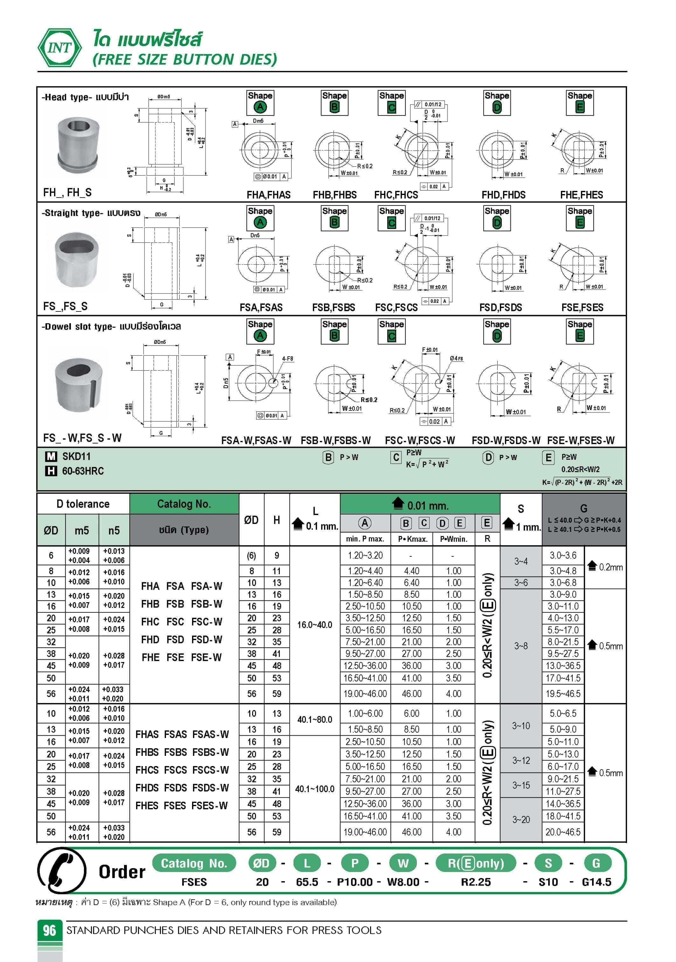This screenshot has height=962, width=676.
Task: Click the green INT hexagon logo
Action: [60, 48]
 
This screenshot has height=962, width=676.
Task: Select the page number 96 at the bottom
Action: [49, 930]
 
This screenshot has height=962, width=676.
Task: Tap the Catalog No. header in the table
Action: [183, 504]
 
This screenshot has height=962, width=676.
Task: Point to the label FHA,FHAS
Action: [268, 195]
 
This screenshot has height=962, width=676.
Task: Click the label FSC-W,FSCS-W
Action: [420, 440]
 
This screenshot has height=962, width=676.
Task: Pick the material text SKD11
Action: [76, 456]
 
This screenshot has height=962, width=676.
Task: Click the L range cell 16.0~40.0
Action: [314, 625]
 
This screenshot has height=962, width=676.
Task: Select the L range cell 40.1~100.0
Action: [314, 789]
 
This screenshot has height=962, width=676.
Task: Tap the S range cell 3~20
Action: [521, 819]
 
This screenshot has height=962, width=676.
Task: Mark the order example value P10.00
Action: [355, 882]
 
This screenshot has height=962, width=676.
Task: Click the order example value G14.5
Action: [597, 882]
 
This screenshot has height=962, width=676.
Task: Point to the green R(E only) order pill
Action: [476, 863]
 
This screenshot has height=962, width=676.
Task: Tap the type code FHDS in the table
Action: [147, 788]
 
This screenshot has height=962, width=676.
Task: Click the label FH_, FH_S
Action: [67, 192]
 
